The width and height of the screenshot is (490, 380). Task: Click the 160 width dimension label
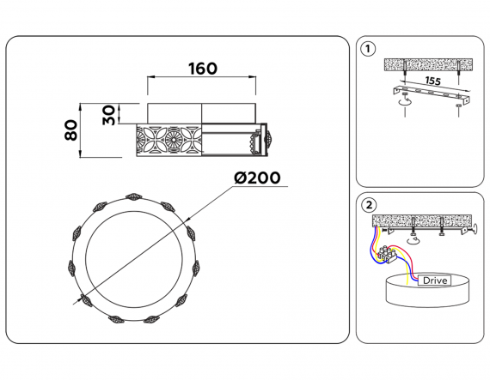(203, 69)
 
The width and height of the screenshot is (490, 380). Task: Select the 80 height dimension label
(71, 130)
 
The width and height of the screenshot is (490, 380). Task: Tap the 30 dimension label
(109, 115)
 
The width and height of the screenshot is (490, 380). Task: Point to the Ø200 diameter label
(257, 178)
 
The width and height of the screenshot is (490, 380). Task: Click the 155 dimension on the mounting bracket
(432, 81)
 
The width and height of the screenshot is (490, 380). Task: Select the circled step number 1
(368, 49)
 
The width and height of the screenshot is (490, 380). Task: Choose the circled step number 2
(369, 205)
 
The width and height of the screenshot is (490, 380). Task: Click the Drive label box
(434, 280)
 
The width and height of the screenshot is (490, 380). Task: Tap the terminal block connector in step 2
(387, 255)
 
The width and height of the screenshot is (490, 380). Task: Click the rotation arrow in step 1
(405, 101)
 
